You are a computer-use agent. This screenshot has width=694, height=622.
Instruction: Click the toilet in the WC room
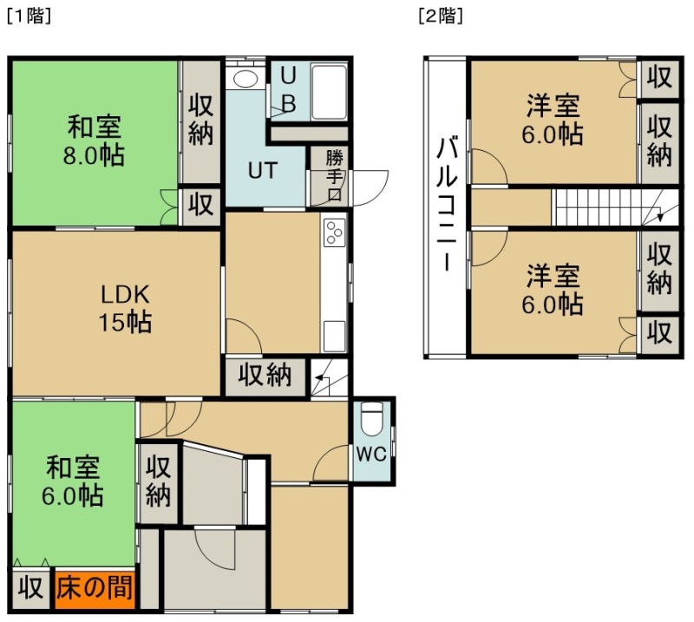371,418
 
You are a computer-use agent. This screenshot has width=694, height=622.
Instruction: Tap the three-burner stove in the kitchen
334,232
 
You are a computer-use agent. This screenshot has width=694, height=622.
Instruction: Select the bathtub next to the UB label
329,92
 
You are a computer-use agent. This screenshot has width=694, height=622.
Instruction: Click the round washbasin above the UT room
246,79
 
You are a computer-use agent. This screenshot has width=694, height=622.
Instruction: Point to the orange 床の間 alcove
95,589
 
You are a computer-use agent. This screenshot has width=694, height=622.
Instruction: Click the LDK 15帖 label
125,308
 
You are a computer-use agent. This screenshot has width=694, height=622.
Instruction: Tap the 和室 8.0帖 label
94,141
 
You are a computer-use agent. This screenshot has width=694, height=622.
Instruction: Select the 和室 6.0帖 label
73,481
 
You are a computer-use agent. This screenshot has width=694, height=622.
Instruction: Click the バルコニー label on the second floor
447,204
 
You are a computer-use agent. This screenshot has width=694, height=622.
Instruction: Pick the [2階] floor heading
441,16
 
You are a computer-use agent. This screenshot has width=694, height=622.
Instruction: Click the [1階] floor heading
29,16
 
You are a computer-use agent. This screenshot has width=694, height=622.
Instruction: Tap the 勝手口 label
334,176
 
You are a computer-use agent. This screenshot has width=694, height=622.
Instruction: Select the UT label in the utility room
263,170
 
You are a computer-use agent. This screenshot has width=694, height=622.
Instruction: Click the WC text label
372,454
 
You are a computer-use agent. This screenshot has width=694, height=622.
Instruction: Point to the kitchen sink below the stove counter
334,337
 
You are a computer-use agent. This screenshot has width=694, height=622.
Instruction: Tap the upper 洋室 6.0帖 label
553,120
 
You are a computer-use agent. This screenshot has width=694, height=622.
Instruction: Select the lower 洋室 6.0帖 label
553,289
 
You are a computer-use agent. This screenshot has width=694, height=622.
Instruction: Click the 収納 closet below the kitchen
265,376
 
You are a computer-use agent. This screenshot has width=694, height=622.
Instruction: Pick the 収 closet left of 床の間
31,589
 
